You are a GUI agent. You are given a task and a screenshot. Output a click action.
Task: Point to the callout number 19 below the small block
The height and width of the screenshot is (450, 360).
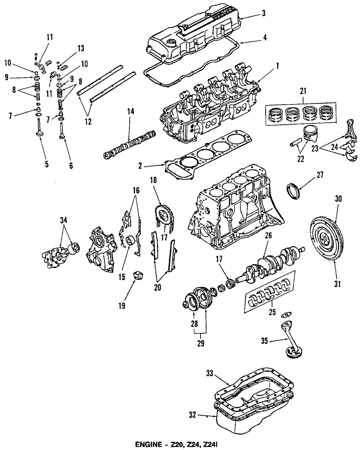[x=122, y=306]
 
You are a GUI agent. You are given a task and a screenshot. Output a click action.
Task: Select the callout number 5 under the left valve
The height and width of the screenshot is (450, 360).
[x=47, y=165]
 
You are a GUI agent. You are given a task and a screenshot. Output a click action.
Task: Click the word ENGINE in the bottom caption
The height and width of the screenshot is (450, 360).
[x=148, y=446]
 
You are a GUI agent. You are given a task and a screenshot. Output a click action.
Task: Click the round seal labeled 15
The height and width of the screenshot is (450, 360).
[x=130, y=240]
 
